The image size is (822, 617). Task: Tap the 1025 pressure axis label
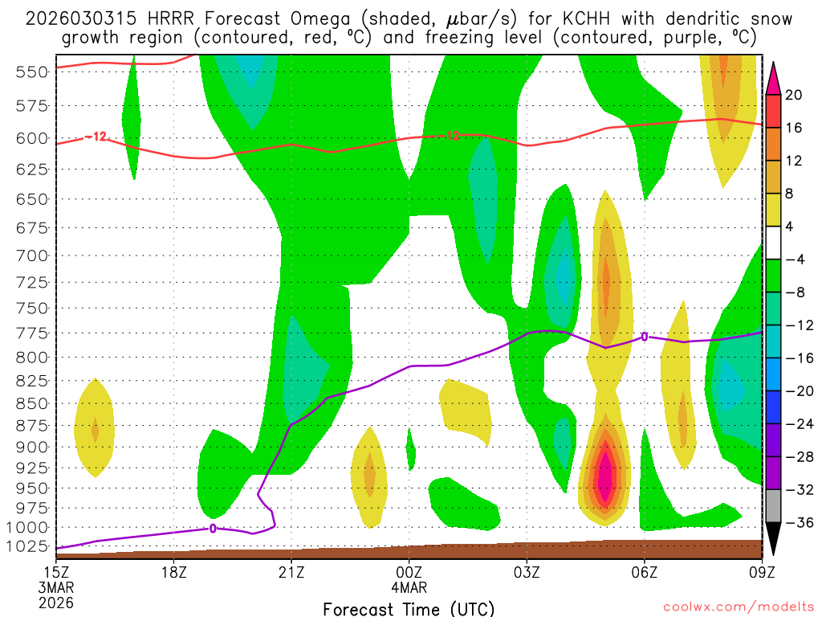coord(31,547)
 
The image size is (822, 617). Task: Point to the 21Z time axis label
coord(291,572)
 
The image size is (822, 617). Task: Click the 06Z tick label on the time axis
coord(645,572)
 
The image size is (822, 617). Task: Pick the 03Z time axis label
coord(527,572)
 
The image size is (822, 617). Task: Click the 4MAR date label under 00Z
coord(409,587)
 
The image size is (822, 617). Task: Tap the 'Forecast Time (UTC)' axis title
coord(409,608)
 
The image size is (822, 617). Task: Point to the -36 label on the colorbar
coord(798,523)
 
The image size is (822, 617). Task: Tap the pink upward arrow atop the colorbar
coord(773,77)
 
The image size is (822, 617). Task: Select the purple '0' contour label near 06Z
coord(644,337)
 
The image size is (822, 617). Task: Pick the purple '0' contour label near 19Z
coord(213,528)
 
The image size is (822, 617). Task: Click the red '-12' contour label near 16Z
coord(96,137)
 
